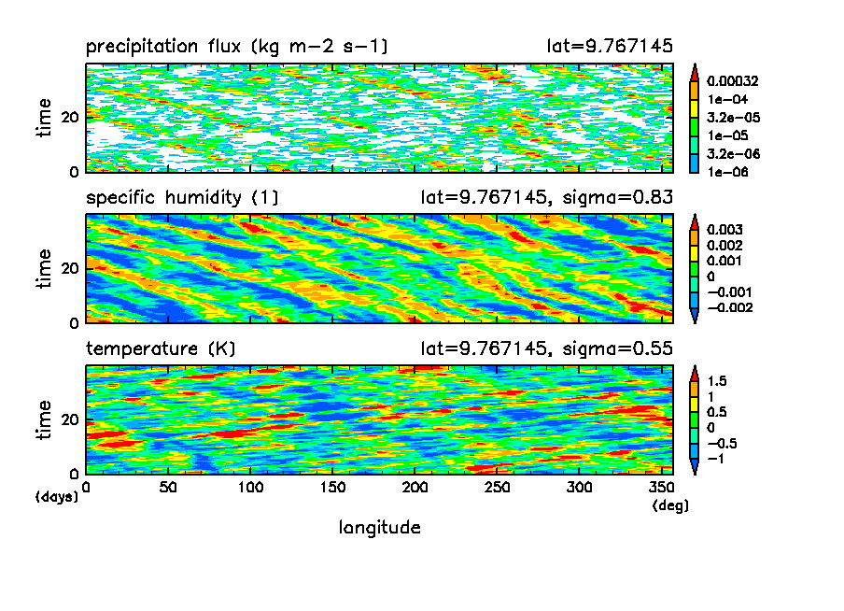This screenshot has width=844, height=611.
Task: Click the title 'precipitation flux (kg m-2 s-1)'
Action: (x=236, y=46)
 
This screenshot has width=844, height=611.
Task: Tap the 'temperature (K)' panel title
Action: (x=161, y=348)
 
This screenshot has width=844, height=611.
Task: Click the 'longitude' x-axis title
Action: (x=379, y=528)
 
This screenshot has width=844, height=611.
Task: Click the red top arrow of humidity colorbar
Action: (x=694, y=220)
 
